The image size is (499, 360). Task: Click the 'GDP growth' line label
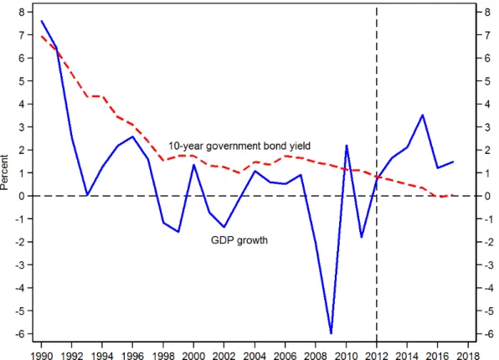pos(239,240)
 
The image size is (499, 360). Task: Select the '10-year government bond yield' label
pos(239,147)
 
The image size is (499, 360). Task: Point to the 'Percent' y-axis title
pos(4,172)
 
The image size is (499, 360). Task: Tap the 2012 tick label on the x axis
pos(377,356)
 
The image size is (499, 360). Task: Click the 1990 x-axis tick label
pos(41,356)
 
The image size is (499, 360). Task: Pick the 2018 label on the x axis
pos(468,356)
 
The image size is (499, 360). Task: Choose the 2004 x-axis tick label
pos(255,356)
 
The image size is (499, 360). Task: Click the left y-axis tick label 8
pos(21,12)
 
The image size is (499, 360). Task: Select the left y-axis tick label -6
pos(19,334)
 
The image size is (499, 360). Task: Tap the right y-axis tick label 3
pos(487,127)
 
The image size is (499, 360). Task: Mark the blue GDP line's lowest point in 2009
pos(331,333)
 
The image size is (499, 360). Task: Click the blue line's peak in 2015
pos(422,115)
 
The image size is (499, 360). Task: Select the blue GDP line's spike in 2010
pos(347,146)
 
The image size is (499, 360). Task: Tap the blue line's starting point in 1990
pos(41,21)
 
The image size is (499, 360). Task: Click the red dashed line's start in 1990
pos(41,36)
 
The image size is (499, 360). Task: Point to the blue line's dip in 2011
pos(362,237)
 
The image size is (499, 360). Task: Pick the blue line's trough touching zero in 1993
pos(87,195)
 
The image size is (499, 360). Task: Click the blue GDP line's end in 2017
pos(453,162)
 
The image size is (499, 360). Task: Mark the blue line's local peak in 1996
pos(133,136)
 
